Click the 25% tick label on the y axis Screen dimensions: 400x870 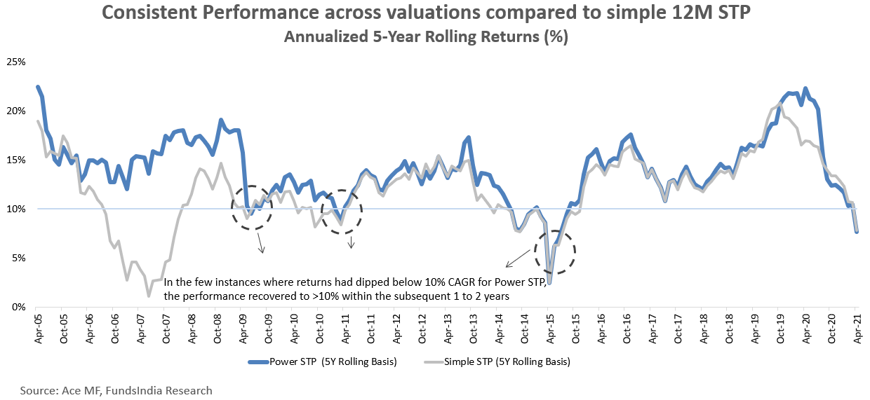pos(16,62)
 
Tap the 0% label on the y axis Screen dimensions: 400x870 pos(18,307)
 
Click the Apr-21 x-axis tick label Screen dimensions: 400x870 pos(856,326)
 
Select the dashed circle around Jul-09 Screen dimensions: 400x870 pos(252,207)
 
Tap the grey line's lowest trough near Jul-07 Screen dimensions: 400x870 pos(149,296)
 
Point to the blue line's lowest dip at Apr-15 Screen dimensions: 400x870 pos(549,283)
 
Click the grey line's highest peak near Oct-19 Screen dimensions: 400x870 pos(779,104)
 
